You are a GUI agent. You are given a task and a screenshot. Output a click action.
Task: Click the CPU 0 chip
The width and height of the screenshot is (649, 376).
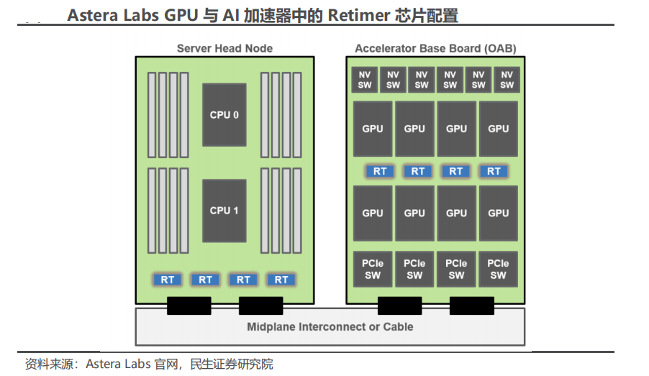(224, 115)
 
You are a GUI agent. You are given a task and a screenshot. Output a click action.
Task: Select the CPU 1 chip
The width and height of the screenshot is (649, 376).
(224, 211)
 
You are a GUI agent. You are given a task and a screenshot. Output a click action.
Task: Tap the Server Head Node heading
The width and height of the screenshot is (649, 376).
(224, 48)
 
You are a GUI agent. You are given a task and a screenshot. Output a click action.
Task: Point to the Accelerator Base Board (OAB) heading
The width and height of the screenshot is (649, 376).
(435, 48)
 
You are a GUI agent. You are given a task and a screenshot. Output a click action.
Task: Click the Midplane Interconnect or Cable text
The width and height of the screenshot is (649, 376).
(330, 327)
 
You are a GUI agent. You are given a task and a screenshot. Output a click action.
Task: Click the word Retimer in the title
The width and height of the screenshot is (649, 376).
(359, 16)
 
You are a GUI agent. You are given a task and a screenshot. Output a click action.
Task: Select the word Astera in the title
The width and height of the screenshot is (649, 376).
(92, 16)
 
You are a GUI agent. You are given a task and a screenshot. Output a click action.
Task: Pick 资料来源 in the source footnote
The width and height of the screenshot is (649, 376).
(49, 364)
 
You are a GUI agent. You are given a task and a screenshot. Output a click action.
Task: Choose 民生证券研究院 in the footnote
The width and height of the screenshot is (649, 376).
(232, 364)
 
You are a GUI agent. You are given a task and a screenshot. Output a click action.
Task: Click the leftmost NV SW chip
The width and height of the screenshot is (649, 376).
(364, 80)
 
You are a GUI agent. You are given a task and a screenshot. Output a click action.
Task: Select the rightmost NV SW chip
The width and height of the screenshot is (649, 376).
(507, 80)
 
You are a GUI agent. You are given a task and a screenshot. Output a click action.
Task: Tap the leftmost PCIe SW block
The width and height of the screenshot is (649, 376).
(373, 270)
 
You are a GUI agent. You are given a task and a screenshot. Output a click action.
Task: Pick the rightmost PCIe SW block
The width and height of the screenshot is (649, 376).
(498, 270)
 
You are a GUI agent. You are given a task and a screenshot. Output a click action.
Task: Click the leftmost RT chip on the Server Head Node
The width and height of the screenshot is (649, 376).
(167, 280)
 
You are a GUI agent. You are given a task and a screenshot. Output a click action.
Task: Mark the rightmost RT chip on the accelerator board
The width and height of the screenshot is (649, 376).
(494, 171)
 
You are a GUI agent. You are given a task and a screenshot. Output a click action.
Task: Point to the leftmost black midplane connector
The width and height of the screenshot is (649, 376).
(189, 306)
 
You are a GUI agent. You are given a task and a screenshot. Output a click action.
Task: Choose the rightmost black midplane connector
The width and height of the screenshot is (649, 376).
(472, 306)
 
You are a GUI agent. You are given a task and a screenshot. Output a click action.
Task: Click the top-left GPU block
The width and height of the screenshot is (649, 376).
(373, 129)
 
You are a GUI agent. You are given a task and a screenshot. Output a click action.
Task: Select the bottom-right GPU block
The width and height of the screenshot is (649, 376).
(499, 214)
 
